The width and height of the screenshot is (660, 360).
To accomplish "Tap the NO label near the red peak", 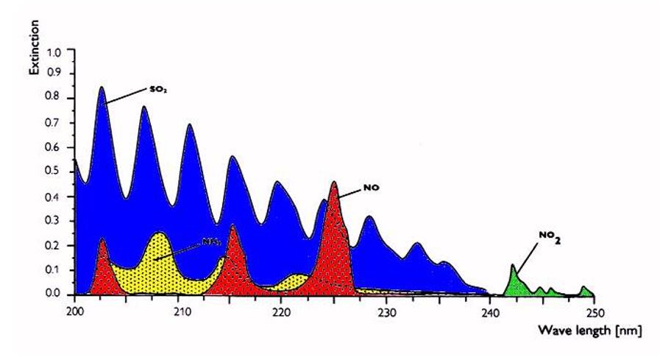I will click(370, 188).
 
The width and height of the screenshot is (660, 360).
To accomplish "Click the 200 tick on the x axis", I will click(74, 310).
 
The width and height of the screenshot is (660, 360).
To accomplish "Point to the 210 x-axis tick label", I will click(181, 310).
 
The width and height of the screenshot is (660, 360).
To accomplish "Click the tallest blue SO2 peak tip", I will click(102, 88).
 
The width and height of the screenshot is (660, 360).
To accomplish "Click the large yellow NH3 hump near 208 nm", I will click(158, 254).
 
